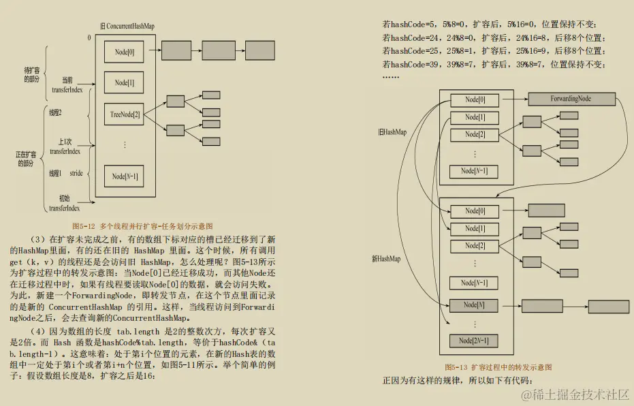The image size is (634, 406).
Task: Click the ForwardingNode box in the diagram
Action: (x=571, y=99)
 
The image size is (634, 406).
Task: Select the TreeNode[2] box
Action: (x=125, y=114)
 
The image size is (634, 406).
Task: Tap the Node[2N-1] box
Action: (x=474, y=340)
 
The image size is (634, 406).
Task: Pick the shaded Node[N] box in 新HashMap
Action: (x=474, y=305)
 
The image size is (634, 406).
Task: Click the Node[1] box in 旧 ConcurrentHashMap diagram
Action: (x=125, y=82)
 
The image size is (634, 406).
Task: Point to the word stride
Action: (x=76, y=174)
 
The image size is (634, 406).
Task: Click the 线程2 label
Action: (x=56, y=112)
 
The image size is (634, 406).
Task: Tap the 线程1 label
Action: (x=55, y=174)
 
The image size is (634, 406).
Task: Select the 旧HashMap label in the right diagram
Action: (x=392, y=132)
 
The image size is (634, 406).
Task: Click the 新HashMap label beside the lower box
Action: (x=385, y=259)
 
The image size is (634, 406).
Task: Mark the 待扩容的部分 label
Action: (x=31, y=74)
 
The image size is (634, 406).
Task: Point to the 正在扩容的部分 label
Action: (x=25, y=159)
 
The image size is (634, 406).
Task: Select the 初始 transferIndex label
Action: (x=65, y=203)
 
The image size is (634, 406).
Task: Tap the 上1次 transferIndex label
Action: (x=65, y=146)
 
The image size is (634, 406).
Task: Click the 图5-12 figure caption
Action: (x=142, y=225)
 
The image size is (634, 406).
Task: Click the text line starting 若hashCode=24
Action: (x=494, y=37)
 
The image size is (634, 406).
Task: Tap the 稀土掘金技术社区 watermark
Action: (x=575, y=394)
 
